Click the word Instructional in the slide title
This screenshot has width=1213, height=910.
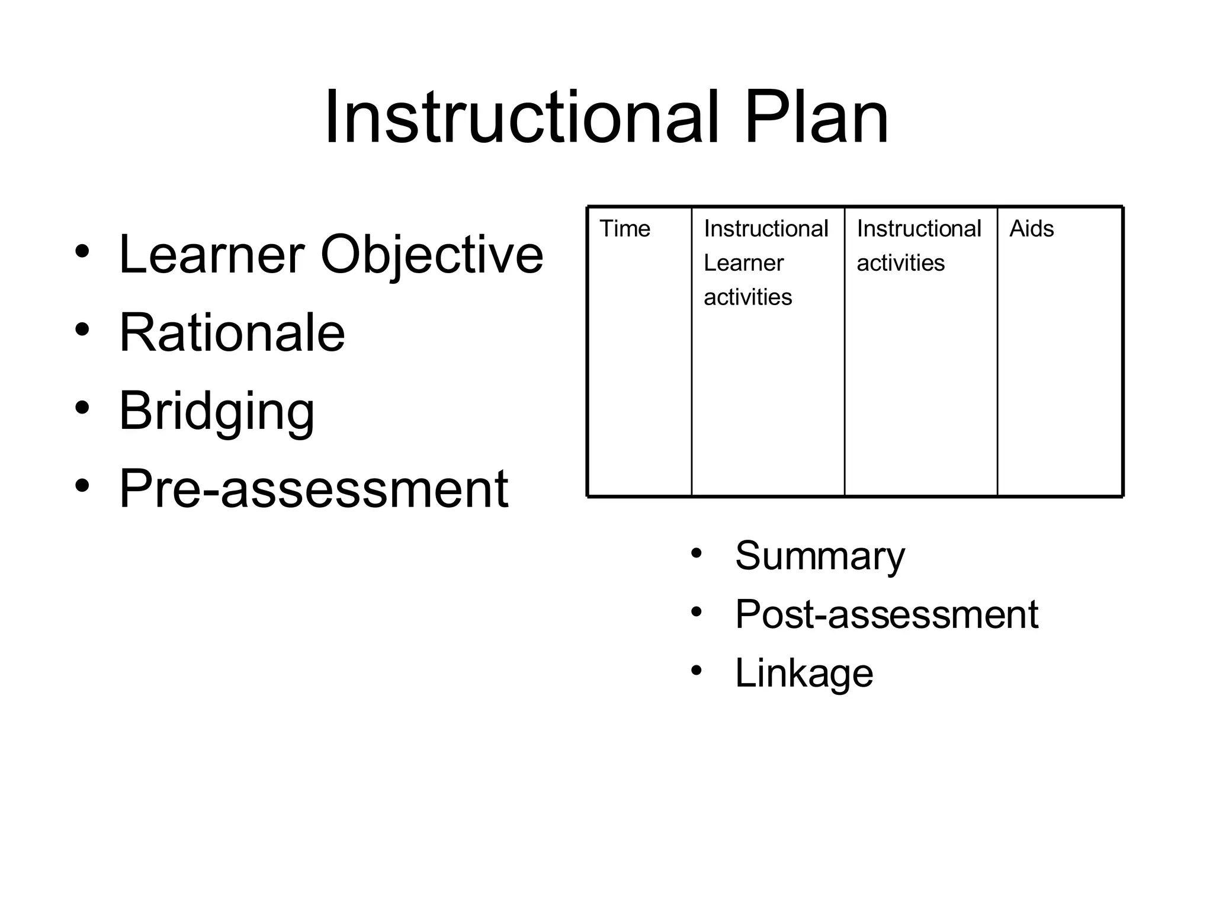(521, 117)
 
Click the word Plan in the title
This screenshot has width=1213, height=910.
(816, 117)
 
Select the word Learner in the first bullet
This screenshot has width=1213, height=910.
(211, 254)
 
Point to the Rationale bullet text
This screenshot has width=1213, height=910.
(232, 332)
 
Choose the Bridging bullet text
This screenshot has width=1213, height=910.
(216, 412)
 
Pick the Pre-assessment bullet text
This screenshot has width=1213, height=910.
(313, 489)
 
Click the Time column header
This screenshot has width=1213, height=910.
(624, 229)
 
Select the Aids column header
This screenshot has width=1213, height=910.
(1031, 229)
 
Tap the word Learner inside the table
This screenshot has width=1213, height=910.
(743, 263)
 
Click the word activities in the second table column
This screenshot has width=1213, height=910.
(747, 297)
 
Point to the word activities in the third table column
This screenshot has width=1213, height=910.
(900, 263)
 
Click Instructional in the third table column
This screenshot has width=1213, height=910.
(919, 229)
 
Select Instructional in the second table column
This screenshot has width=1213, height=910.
(766, 229)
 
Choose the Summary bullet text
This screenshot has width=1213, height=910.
(820, 556)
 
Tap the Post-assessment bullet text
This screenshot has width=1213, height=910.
(886, 614)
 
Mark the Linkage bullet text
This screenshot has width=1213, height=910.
(804, 673)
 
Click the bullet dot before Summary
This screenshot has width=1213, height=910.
(696, 553)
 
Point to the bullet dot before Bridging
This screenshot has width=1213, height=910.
(82, 408)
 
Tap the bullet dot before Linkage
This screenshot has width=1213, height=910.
(696, 670)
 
